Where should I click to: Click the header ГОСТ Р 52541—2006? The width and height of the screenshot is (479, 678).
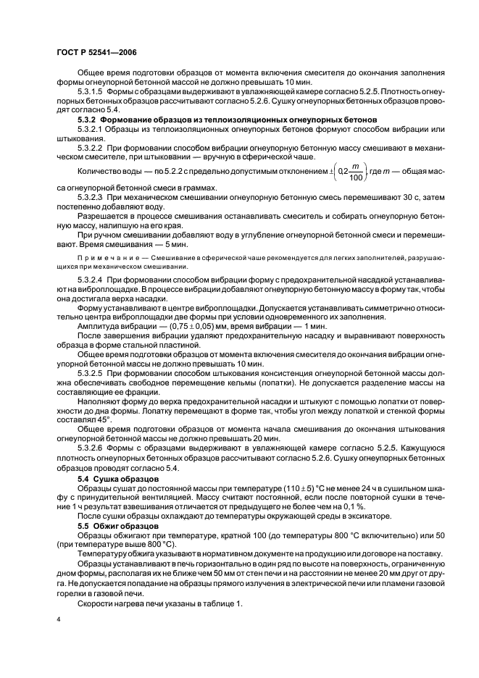coord(96,53)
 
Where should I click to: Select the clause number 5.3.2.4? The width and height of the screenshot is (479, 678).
coord(91,280)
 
